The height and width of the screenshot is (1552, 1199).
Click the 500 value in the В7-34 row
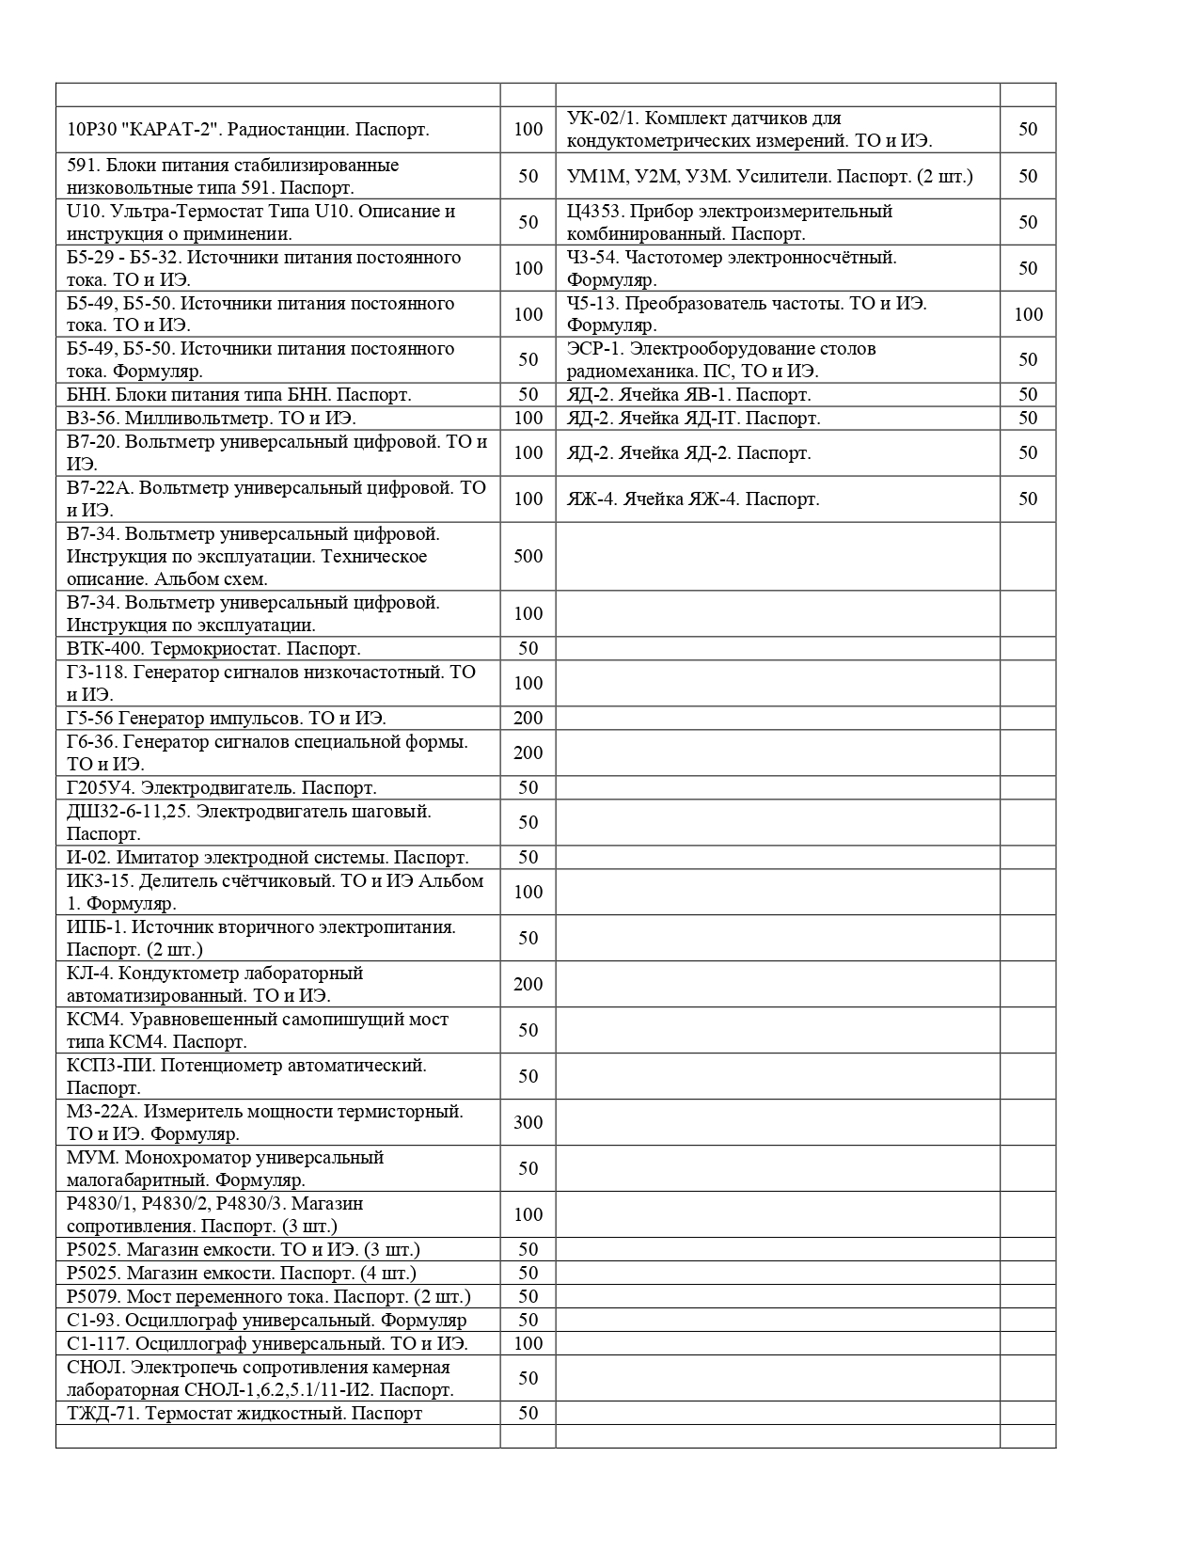[528, 556]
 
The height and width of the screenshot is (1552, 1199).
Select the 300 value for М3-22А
[528, 1122]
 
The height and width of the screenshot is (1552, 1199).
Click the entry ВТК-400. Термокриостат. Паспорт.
[213, 648]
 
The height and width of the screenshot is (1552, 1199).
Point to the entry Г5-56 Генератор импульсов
[226, 718]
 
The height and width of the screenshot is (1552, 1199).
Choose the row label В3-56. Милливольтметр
[211, 418]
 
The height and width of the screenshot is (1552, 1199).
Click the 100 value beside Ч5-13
[1028, 314]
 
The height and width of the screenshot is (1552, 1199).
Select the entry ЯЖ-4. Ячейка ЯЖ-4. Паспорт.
[693, 499]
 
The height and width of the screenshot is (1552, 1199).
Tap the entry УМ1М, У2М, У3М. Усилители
[769, 176]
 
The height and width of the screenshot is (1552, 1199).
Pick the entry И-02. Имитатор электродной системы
[267, 857]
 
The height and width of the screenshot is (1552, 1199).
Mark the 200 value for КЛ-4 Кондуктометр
[528, 984]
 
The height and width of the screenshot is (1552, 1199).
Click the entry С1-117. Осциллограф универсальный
[267, 1343]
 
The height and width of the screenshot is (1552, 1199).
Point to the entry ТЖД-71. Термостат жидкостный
[245, 1413]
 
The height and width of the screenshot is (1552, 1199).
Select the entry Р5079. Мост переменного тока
[268, 1296]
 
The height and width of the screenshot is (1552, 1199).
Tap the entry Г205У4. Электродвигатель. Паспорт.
[221, 787]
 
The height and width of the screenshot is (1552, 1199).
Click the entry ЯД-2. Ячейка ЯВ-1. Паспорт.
[688, 394]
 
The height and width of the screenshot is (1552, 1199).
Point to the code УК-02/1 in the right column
[602, 119]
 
